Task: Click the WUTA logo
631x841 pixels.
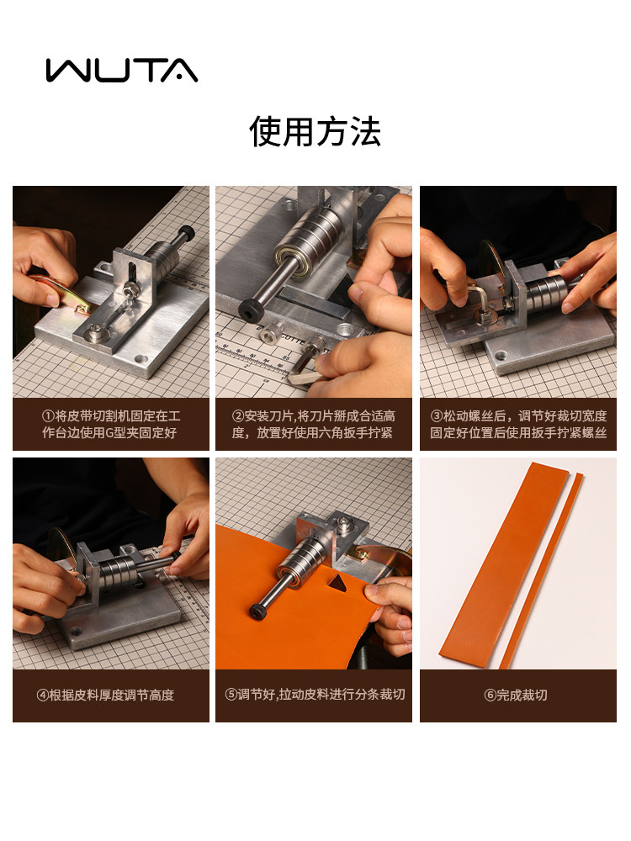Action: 122,70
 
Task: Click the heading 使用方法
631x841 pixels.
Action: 315,132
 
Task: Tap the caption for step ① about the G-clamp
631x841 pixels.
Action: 111,425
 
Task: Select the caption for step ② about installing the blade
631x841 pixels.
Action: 314,425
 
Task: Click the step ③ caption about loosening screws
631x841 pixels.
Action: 518,425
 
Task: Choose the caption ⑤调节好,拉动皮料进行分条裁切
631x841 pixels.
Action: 314,695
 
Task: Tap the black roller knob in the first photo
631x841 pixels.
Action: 187,233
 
